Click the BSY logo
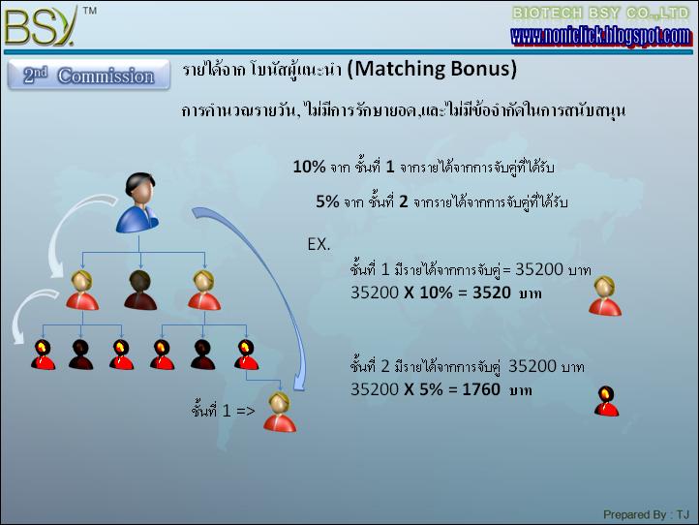40,27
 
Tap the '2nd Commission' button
89,75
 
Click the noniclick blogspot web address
601,36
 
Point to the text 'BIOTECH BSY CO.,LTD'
601,14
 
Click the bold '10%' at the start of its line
310,167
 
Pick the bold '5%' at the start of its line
327,201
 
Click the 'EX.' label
319,244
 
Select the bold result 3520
492,293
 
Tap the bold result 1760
481,389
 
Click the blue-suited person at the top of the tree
137,203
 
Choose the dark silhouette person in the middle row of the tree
140,290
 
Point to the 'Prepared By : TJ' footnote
647,514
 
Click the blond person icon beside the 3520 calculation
605,296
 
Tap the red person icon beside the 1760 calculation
607,401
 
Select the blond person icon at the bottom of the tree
280,412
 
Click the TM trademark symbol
90,11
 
